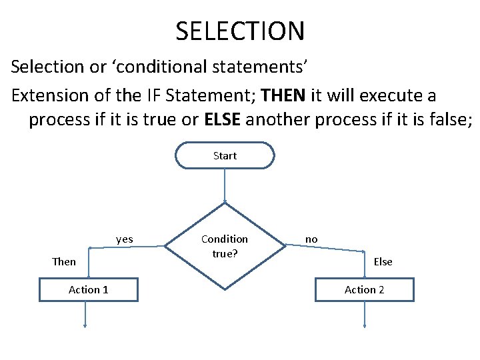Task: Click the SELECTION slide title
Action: [x=240, y=31]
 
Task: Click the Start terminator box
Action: [x=225, y=155]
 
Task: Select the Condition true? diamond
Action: [x=225, y=246]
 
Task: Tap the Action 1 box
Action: [x=89, y=289]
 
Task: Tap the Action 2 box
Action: [x=364, y=289]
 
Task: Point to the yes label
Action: [x=124, y=239]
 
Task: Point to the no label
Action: [x=311, y=239]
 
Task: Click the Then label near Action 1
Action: [x=64, y=261]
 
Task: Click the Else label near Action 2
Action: [x=383, y=261]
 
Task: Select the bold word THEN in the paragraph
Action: [x=284, y=95]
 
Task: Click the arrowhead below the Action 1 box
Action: [x=85, y=325]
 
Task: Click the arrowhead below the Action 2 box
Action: [x=365, y=325]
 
